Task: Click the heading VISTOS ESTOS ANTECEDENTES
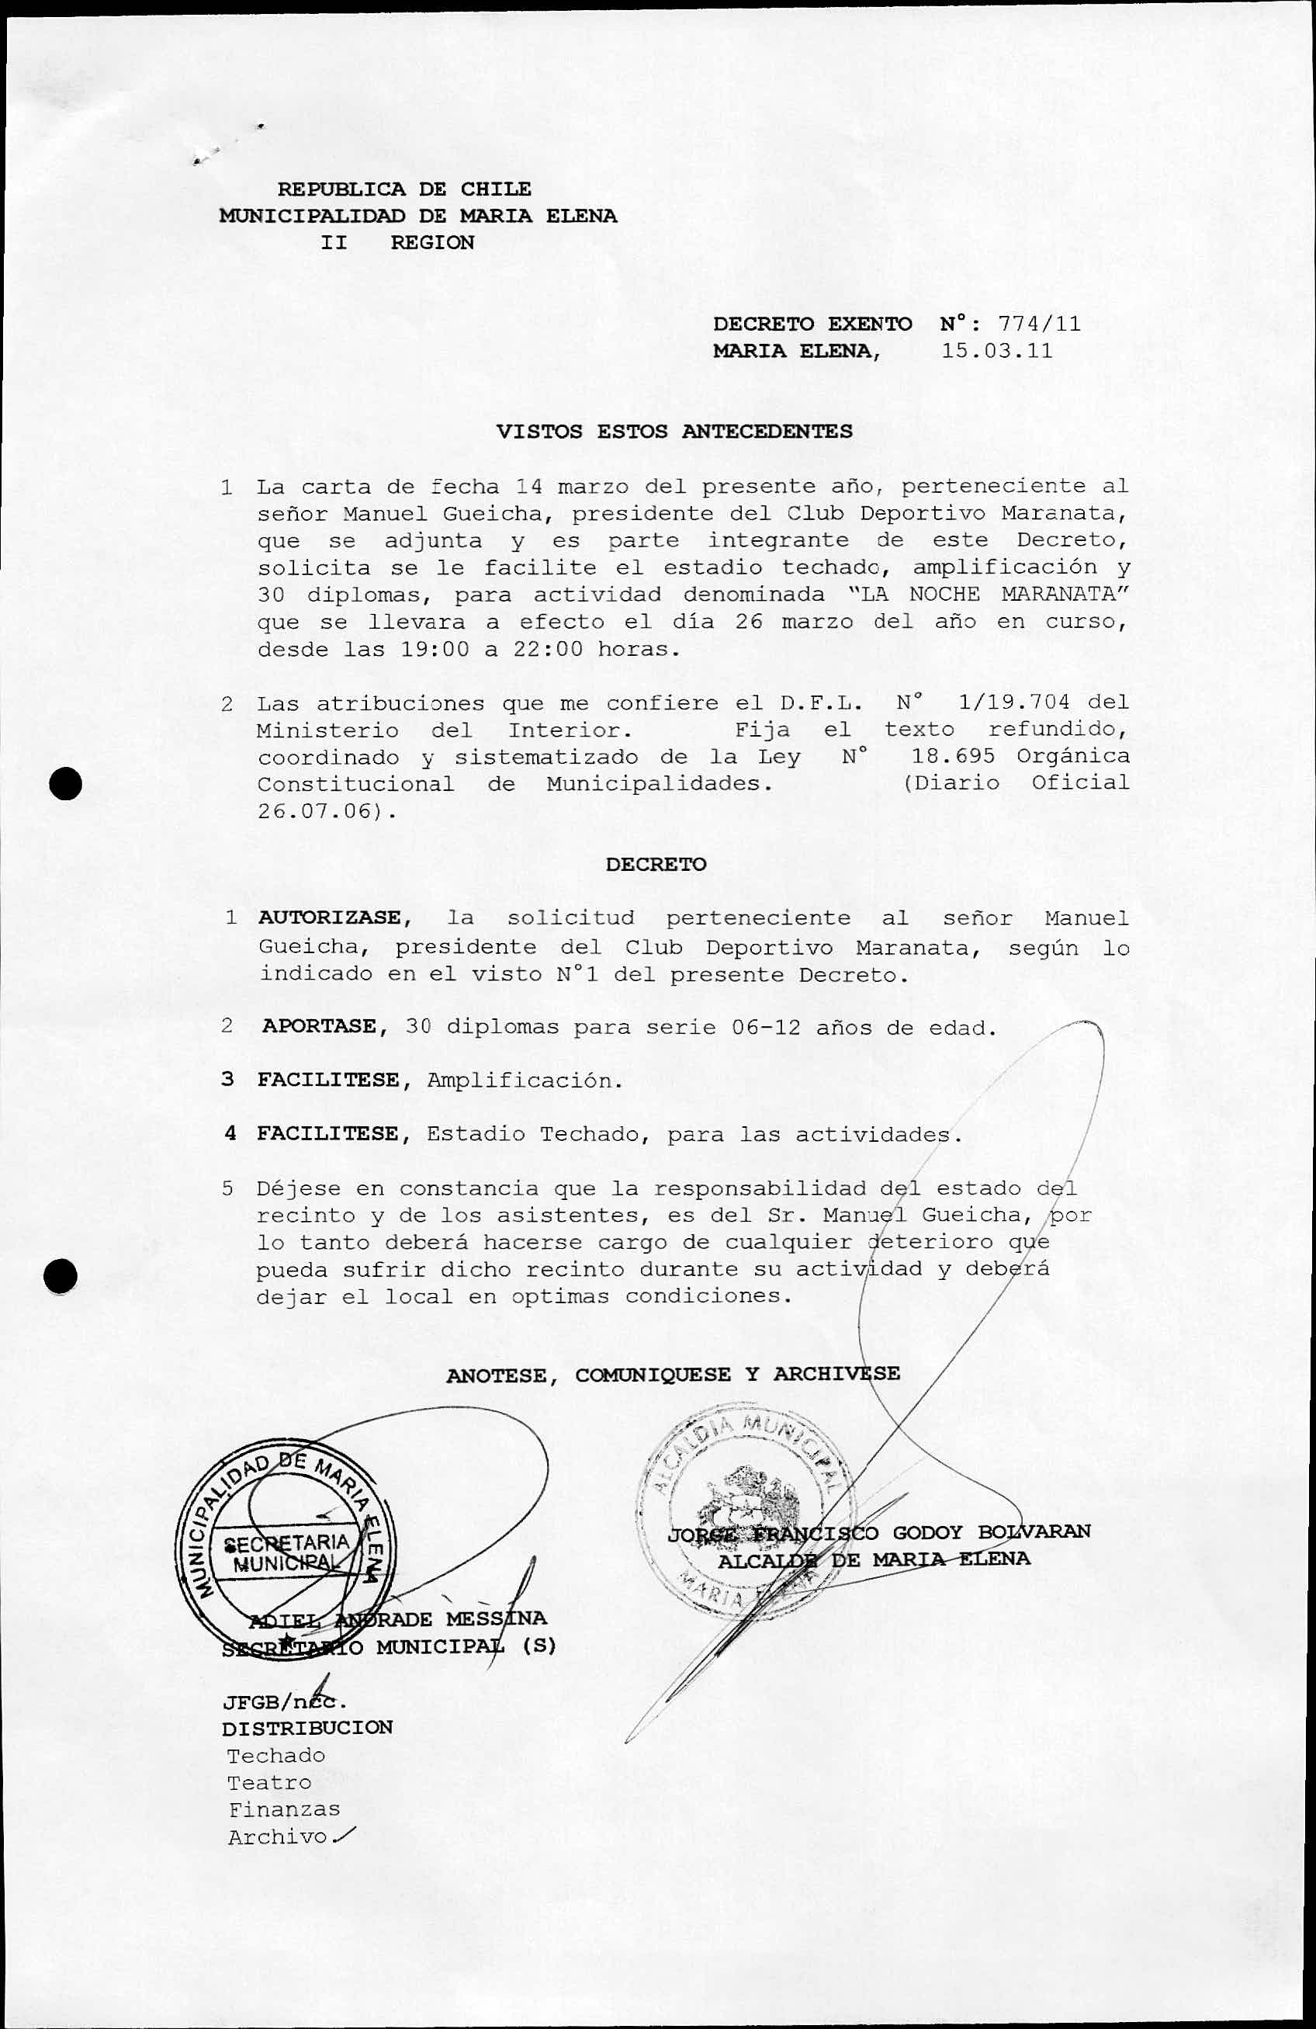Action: [x=674, y=432]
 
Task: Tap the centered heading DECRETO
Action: [x=656, y=864]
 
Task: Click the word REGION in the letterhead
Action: [x=432, y=242]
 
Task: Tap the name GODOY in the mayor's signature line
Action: [x=927, y=1532]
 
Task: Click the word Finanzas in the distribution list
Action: [x=284, y=1809]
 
